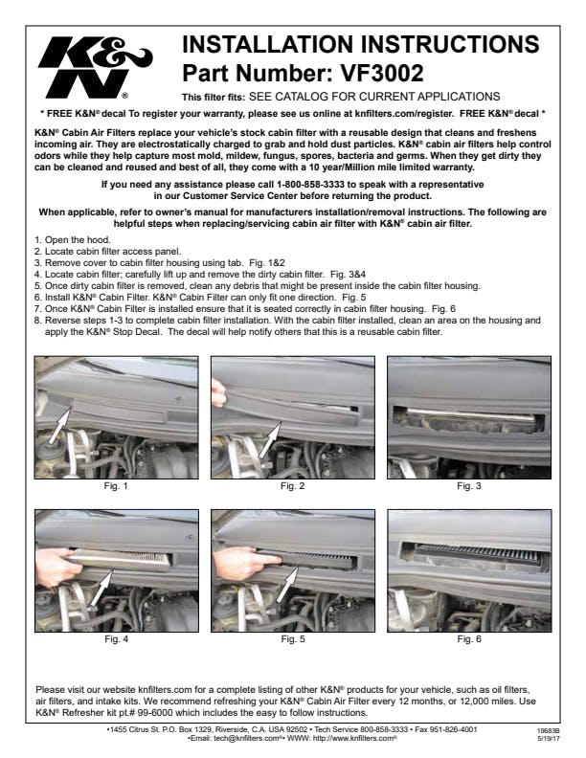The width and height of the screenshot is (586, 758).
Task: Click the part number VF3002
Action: coord(382,73)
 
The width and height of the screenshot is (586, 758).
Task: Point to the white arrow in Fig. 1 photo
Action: coord(60,423)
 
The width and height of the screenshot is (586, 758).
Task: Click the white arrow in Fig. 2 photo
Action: coord(270,440)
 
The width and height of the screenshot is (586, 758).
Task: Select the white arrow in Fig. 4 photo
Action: coord(101,587)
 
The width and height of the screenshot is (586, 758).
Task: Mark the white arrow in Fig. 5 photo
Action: coord(287,585)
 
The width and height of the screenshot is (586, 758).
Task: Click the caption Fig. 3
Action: coord(468,486)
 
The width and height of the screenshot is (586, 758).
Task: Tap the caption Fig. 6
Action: coord(469,638)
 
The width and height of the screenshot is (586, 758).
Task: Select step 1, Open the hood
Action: coord(73,240)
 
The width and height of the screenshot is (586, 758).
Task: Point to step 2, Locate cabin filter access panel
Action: coord(107,252)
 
